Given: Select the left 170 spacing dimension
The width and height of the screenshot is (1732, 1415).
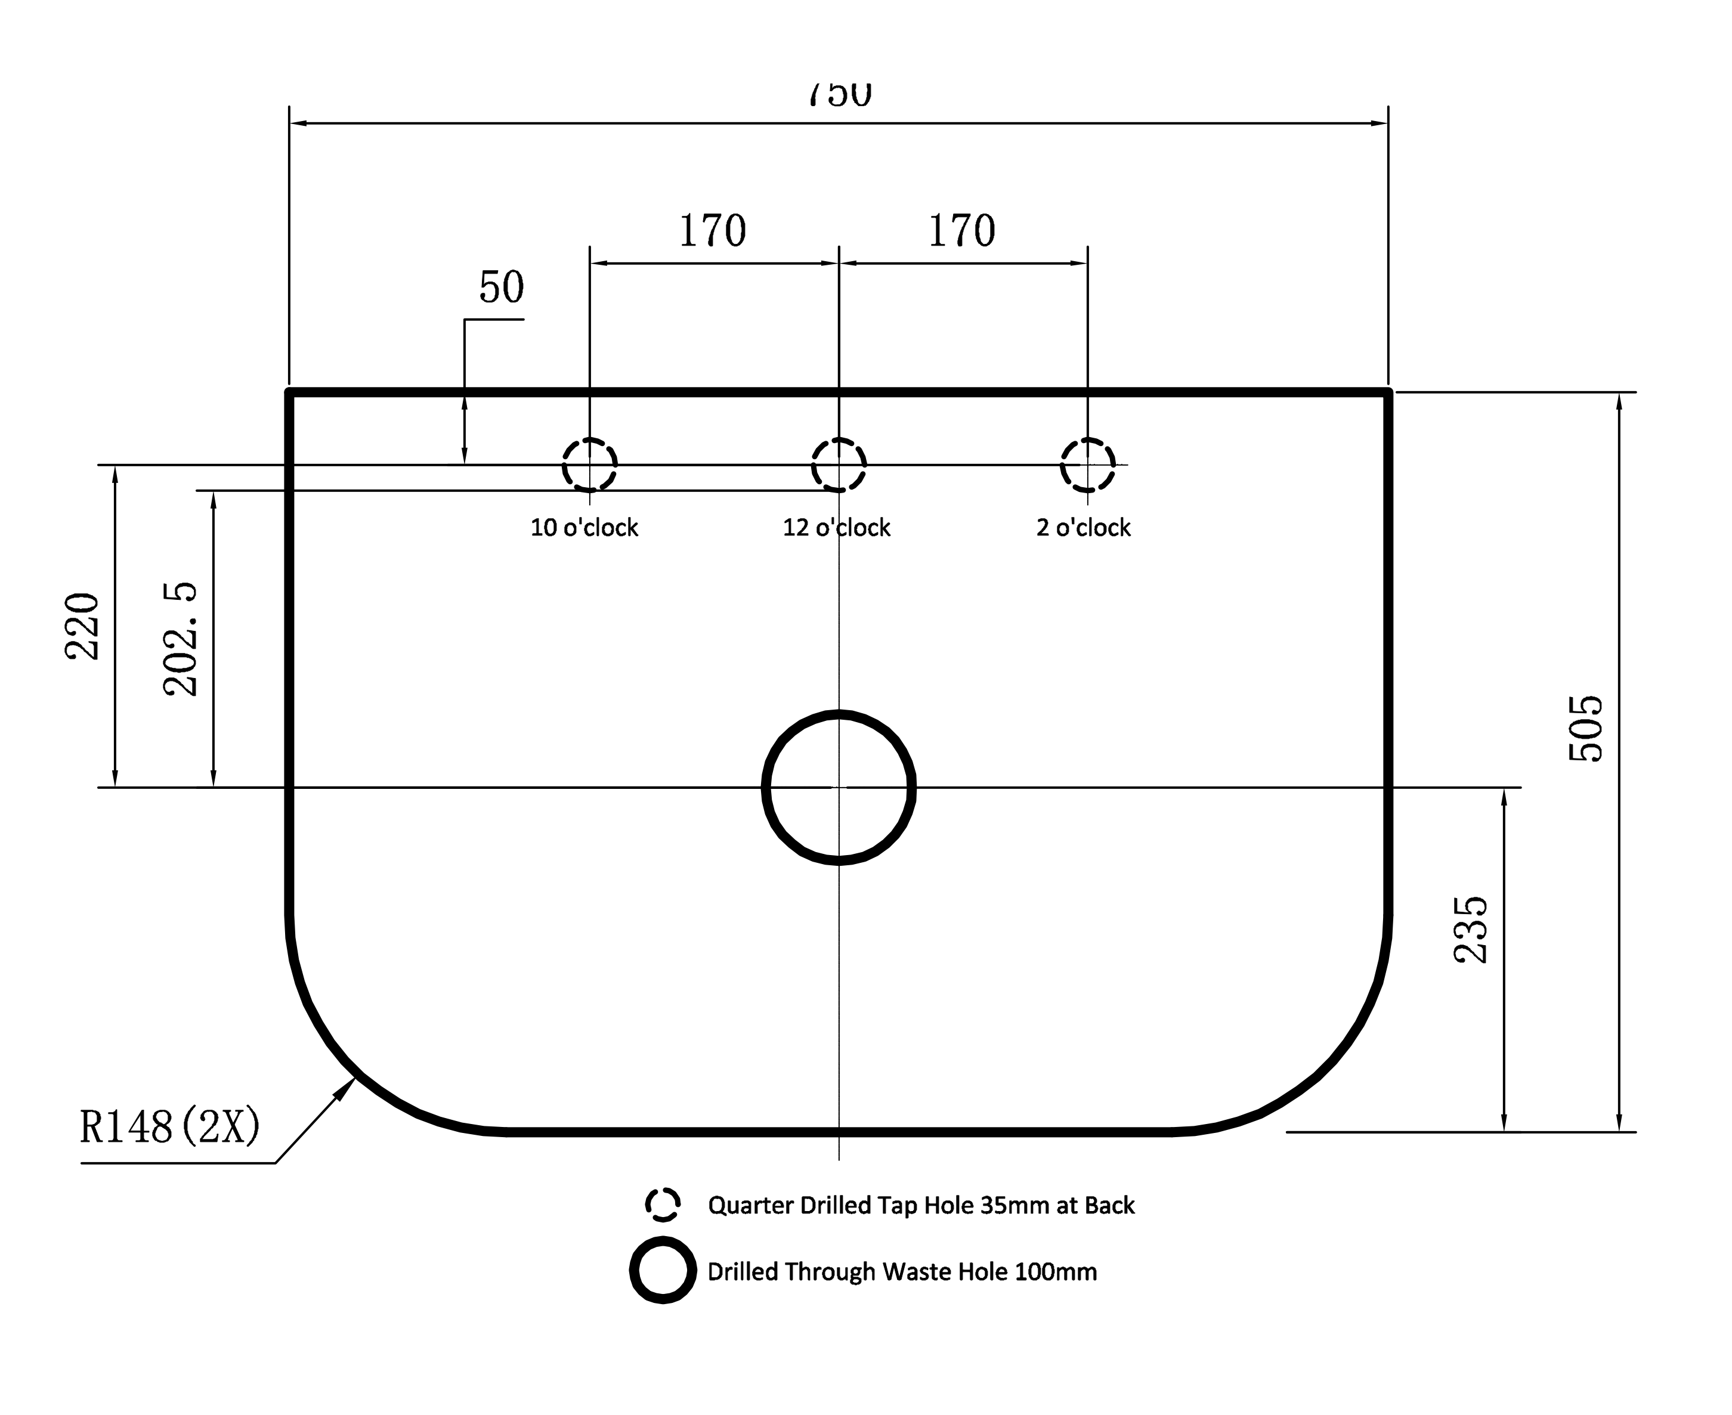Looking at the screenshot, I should point(712,231).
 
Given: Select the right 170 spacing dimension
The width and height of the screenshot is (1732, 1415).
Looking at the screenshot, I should point(962,231).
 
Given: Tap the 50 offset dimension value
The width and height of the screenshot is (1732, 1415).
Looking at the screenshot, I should point(500,287).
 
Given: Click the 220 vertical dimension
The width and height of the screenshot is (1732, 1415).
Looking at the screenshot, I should point(82,626).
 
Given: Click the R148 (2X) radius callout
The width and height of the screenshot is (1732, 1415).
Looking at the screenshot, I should point(169,1127).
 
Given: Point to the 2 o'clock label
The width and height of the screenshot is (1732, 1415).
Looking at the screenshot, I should point(1083,528).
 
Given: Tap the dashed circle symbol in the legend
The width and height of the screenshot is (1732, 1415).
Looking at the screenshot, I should point(663,1205).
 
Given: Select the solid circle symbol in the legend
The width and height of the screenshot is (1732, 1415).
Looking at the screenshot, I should point(663,1271).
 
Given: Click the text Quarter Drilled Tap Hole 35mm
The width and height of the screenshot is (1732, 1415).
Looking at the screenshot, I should point(921,1206).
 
